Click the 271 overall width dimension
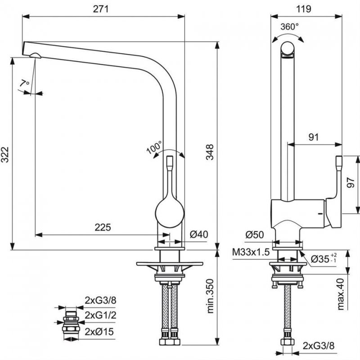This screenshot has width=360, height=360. coord(104,9)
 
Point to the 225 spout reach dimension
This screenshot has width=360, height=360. coord(103,227)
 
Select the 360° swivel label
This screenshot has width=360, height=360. coord(289,27)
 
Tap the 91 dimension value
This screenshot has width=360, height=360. coord(314,137)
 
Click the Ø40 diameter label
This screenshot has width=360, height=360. coord(198,234)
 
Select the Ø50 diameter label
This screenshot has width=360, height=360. coord(254,234)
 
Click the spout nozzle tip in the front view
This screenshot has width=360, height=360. coord(35,55)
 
